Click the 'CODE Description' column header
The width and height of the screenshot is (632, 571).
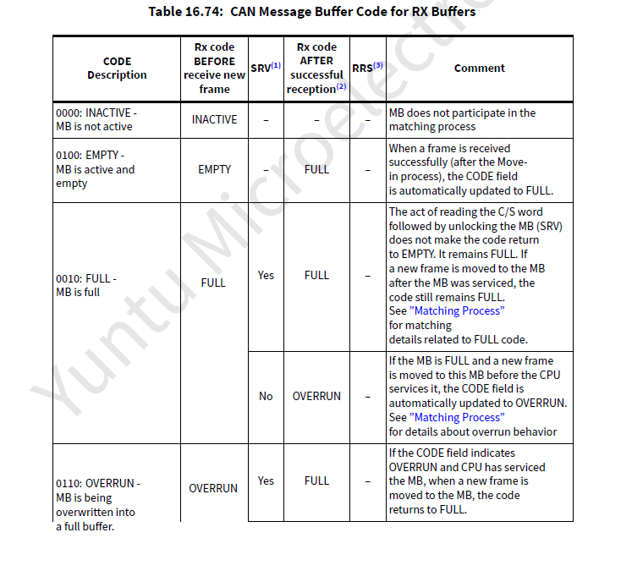[117, 69]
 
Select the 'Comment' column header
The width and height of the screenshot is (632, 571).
[479, 69]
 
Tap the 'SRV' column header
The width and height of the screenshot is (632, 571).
[266, 68]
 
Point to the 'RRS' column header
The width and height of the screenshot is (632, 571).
[367, 67]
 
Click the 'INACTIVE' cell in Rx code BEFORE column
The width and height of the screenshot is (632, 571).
[214, 119]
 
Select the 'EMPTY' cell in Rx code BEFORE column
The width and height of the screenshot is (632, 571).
[214, 169]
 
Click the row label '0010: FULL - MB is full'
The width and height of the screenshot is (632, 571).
[86, 285]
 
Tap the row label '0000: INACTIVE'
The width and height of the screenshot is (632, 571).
[94, 119]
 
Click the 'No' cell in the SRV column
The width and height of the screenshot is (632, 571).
[266, 396]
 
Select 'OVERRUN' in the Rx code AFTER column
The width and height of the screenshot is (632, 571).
[316, 396]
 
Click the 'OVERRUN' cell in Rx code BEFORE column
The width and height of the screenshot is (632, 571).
[213, 488]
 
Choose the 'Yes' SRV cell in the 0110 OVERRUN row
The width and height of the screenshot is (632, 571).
[266, 480]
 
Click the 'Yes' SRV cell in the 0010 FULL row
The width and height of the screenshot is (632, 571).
[266, 275]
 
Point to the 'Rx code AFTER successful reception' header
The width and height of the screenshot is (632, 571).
[316, 68]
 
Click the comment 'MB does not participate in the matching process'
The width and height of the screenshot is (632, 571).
[462, 119]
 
